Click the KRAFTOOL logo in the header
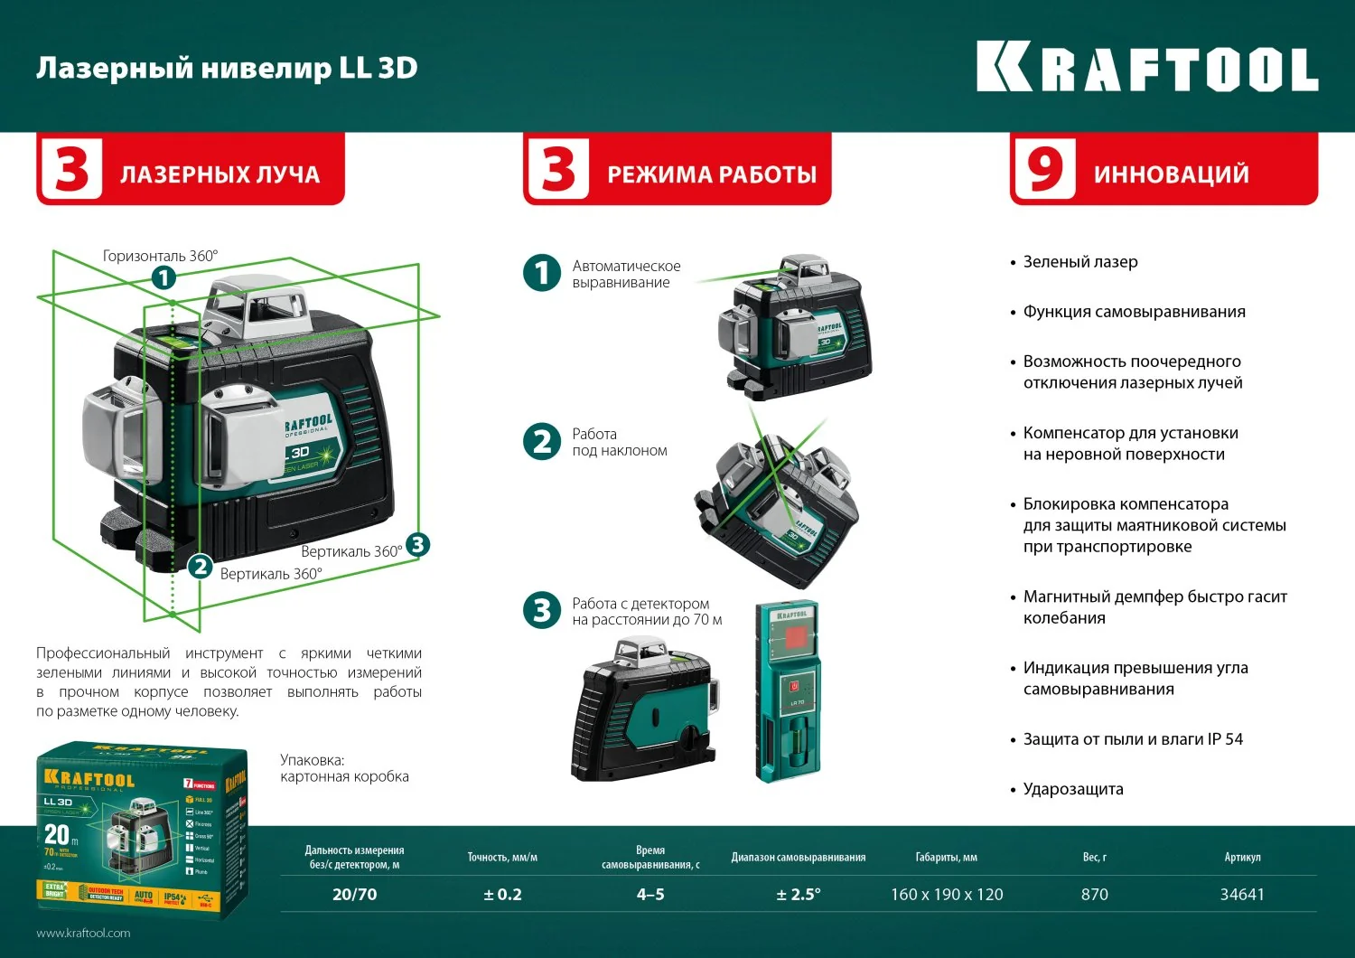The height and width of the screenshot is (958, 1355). (1147, 69)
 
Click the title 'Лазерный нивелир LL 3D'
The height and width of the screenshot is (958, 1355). (227, 69)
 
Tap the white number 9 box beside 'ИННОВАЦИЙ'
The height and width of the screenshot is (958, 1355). (1044, 169)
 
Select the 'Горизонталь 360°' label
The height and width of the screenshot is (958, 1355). (160, 256)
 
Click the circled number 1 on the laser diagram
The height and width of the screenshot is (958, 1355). (164, 277)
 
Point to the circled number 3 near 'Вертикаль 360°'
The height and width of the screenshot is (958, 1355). (417, 544)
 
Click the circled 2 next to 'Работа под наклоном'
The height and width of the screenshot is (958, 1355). (542, 442)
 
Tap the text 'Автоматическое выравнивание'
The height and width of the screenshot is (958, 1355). (626, 274)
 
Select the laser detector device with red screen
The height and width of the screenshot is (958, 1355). (788, 690)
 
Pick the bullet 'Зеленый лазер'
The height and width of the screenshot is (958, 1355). (1079, 262)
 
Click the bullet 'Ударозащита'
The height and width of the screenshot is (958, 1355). (1072, 789)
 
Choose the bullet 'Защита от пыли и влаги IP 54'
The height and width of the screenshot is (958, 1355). (1132, 739)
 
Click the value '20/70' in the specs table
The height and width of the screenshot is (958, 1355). (354, 895)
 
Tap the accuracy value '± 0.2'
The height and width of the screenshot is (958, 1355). (502, 895)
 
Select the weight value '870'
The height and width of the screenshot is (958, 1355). (1094, 895)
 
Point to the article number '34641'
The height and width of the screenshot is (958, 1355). (1242, 895)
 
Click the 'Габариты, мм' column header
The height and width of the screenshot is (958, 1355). (946, 857)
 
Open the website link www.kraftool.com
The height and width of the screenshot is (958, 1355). (83, 933)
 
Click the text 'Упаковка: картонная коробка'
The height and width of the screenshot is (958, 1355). (344, 768)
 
